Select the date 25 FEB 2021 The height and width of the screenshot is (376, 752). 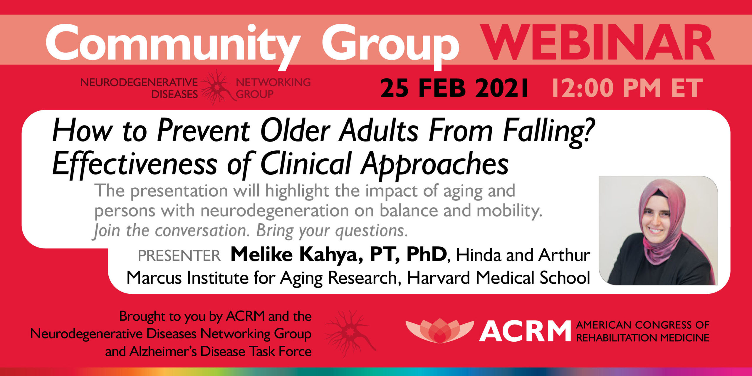pos(454,88)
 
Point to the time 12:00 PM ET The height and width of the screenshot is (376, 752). pos(627,88)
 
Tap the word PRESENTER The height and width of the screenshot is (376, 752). pos(179,256)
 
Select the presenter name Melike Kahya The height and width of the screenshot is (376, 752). pos(297,254)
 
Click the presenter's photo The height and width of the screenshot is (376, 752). pos(658,230)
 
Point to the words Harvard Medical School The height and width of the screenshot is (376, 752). pos(498,278)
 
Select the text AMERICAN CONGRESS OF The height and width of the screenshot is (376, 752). pos(643,325)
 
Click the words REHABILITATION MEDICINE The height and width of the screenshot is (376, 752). pos(643,338)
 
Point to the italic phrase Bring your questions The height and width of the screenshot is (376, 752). pos(332,231)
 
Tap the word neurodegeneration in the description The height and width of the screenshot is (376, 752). pos(275,211)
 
